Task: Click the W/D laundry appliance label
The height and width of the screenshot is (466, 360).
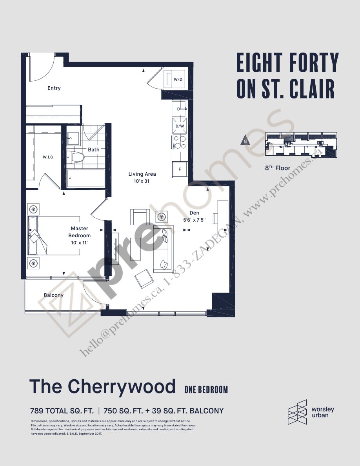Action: pos(178,79)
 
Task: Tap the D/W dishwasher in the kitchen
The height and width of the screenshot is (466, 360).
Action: pos(180,126)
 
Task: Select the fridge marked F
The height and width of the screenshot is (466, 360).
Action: pos(180,169)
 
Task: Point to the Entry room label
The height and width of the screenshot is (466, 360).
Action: pos(54,88)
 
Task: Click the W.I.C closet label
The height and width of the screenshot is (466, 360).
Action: pos(48,157)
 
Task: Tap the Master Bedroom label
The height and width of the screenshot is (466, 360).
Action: pos(80,232)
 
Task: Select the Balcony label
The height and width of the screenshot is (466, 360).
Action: pos(53,295)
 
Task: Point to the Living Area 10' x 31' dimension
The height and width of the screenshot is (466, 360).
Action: pos(142,182)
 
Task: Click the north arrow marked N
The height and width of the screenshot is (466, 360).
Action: pos(245,141)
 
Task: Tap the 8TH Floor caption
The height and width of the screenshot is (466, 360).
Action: pos(278,168)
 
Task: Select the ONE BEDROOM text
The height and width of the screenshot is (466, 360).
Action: pos(206,390)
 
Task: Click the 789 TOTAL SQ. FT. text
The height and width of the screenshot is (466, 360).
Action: pos(62,411)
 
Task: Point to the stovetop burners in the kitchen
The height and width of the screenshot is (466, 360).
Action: pos(180,142)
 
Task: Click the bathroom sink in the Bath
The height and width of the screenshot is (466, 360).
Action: pos(73,136)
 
